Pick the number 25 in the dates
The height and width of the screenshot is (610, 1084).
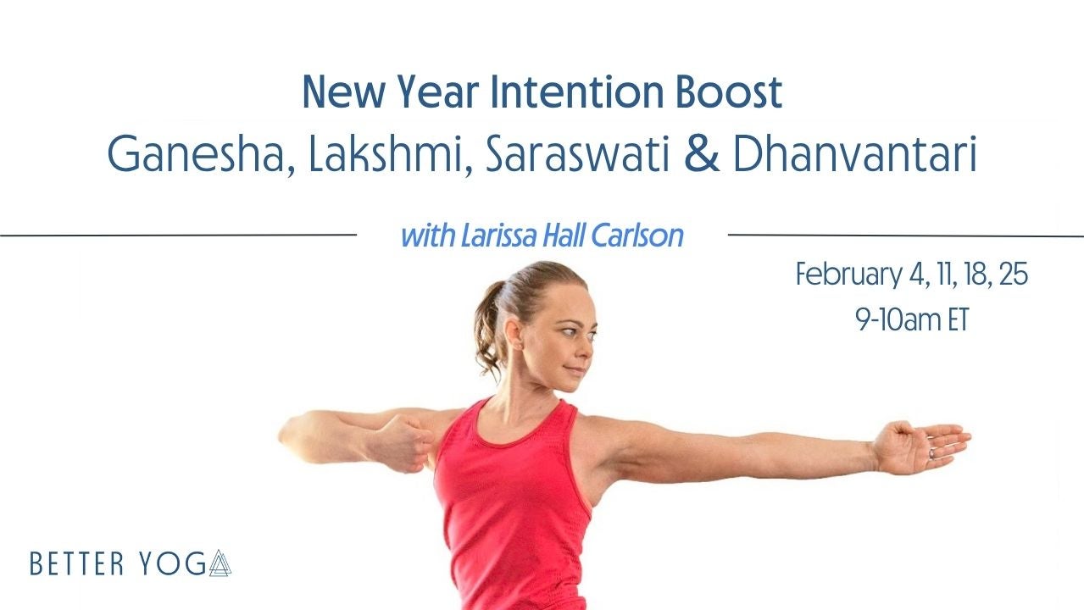(x=1013, y=275)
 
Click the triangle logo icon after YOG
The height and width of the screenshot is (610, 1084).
(x=220, y=563)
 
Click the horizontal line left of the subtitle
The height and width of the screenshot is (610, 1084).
(x=178, y=234)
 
